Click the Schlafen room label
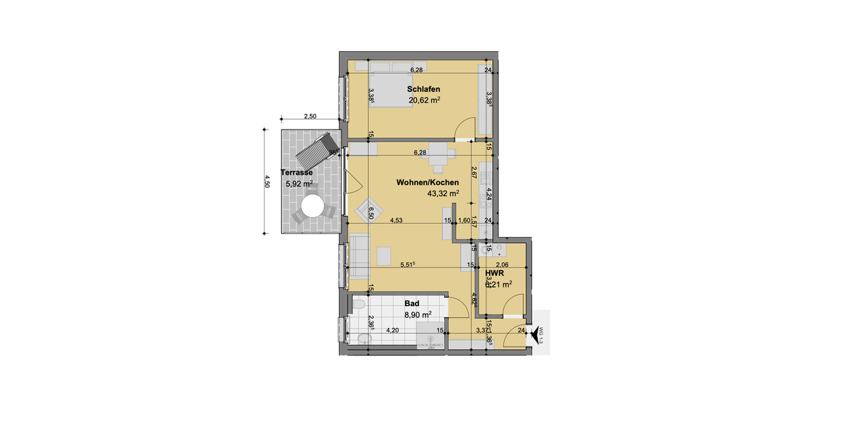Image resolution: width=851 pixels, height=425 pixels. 423,89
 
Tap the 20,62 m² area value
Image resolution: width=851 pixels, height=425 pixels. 424,101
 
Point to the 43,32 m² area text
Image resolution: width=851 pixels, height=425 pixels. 442,193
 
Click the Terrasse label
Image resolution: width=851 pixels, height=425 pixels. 297,173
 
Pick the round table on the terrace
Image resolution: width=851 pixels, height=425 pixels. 311,208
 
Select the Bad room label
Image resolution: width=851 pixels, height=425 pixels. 412,302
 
